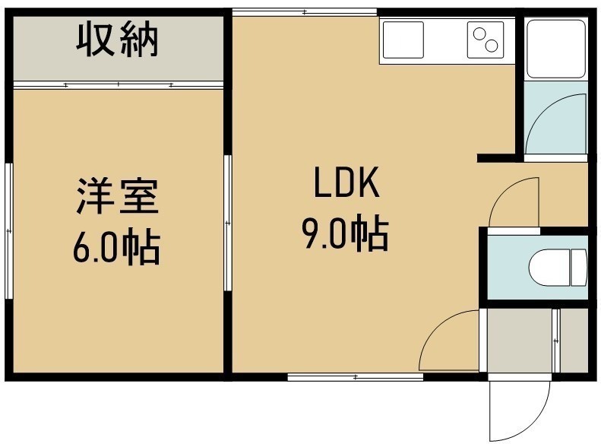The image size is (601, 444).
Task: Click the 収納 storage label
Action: click(x=117, y=40)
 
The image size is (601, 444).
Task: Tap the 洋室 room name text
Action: click(x=117, y=196)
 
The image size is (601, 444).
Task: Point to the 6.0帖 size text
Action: click(x=116, y=246)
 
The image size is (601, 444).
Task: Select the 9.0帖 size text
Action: click(x=346, y=233)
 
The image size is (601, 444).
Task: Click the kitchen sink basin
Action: click(x=403, y=40)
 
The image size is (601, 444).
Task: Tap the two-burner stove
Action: click(x=486, y=40)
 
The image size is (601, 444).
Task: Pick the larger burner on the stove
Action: click(x=491, y=46)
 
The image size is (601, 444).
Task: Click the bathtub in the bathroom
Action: click(x=555, y=49)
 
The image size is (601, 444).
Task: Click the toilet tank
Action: click(x=579, y=268)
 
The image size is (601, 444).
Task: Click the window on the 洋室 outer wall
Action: click(x=9, y=231)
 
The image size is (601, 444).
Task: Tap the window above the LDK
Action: click(x=305, y=12)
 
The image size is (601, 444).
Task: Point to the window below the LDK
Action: click(x=356, y=377)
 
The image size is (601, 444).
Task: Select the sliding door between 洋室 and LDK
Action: click(x=228, y=223)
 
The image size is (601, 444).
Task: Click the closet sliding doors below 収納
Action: click(x=119, y=84)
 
